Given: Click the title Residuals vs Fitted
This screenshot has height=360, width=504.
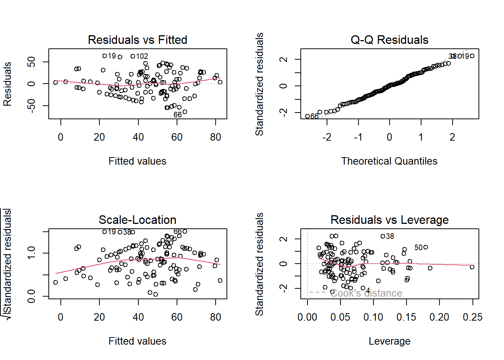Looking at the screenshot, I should point(137,40).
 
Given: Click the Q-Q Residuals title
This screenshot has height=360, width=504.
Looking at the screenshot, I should point(389,40).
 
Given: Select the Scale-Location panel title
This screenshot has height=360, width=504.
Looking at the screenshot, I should point(137,220).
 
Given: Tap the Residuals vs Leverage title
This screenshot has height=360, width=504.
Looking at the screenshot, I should point(389,220).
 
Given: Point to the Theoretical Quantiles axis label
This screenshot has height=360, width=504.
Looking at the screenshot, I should point(389,161).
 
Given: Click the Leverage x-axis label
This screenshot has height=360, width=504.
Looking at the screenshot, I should point(389,341).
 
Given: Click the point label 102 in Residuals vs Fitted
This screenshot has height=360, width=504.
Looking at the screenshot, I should point(142,56).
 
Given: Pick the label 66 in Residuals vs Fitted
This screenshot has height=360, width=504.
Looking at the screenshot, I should point(177,115).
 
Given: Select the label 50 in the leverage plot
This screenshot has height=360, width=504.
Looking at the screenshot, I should point(418,247).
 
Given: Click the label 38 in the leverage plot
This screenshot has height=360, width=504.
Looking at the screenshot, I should point(390,236).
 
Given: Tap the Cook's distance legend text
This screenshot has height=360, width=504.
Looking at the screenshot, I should point(366,293).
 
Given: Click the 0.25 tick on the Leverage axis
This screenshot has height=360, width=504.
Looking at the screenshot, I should point(472,317).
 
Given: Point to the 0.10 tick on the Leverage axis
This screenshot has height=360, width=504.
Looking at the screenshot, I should point(373,317).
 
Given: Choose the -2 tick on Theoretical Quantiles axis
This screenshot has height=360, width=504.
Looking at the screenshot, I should point(327,137).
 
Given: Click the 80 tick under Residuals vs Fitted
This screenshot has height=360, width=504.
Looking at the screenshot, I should point(216,137).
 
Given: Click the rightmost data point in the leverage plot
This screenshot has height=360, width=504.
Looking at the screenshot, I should point(472,267).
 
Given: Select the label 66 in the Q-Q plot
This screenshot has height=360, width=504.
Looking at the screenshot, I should point(315,116).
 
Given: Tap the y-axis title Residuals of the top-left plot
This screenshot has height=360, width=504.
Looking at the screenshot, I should point(7,84).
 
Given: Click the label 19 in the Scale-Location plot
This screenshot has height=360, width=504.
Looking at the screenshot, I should point(112,232).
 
